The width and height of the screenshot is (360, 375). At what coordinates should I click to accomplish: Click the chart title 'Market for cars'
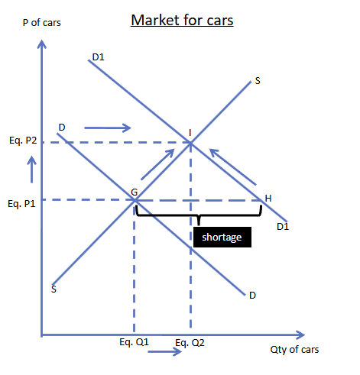182,20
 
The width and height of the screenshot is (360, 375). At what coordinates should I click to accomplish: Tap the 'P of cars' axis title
42,23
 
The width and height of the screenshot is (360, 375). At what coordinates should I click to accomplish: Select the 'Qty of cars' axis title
294,350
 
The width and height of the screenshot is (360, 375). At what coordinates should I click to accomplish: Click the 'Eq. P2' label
23,141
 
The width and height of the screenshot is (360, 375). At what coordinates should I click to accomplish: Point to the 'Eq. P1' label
21,204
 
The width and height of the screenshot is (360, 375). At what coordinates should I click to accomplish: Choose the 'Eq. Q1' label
134,342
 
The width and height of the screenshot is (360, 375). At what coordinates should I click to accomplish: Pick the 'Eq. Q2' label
190,343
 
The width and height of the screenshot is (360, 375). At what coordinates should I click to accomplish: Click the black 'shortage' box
222,237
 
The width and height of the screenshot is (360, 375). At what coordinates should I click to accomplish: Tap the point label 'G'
135,192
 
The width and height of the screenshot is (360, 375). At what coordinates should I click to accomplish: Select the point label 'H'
268,199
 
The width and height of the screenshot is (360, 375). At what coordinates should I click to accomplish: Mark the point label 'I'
190,133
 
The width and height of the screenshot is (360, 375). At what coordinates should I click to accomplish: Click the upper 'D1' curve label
99,57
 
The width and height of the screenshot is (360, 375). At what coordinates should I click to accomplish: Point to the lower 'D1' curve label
283,227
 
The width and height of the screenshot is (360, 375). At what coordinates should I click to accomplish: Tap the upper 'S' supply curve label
258,81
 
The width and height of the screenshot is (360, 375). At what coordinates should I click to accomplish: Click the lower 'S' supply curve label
54,289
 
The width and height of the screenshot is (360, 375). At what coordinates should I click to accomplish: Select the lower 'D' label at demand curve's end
252,296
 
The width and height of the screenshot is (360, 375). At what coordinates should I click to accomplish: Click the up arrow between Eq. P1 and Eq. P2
32,170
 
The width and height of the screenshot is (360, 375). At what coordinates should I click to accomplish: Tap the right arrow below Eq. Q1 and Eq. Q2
165,351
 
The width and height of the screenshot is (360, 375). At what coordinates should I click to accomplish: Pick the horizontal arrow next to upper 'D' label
108,128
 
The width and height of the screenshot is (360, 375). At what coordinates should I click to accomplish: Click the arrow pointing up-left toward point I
232,167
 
